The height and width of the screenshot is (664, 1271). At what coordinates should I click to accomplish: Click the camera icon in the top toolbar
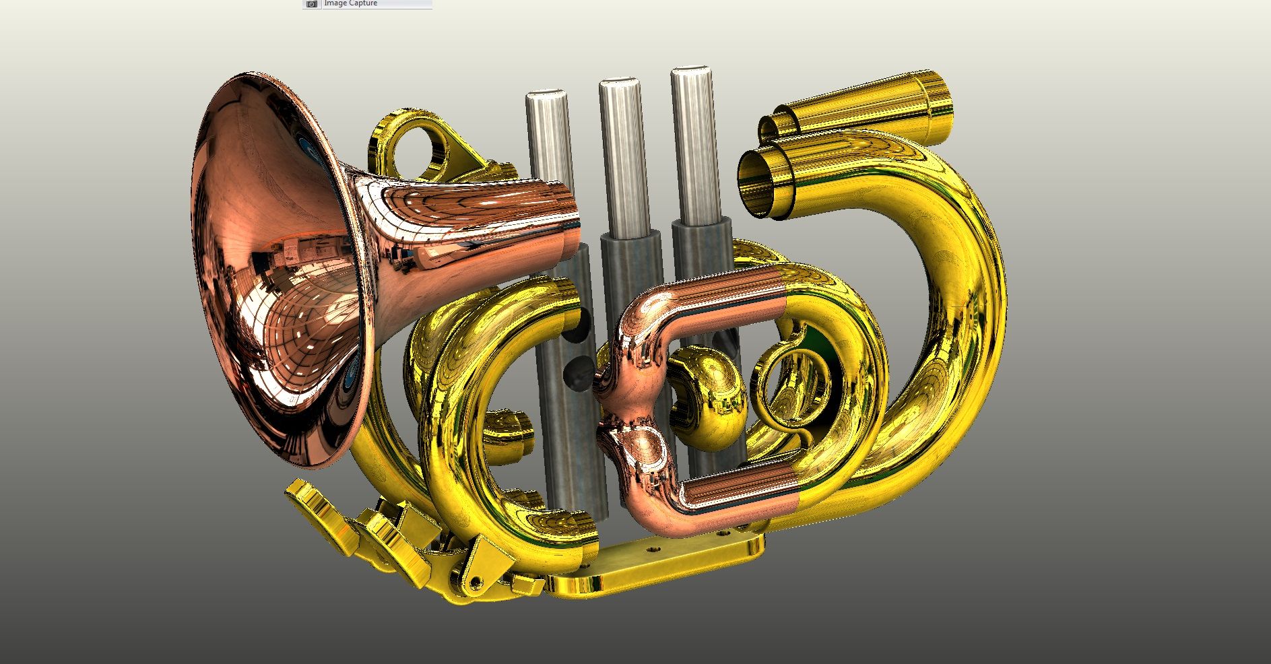point(311,4)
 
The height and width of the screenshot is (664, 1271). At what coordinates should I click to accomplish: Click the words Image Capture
point(351,3)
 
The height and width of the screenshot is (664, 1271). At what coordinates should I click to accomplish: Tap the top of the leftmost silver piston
point(546,96)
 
